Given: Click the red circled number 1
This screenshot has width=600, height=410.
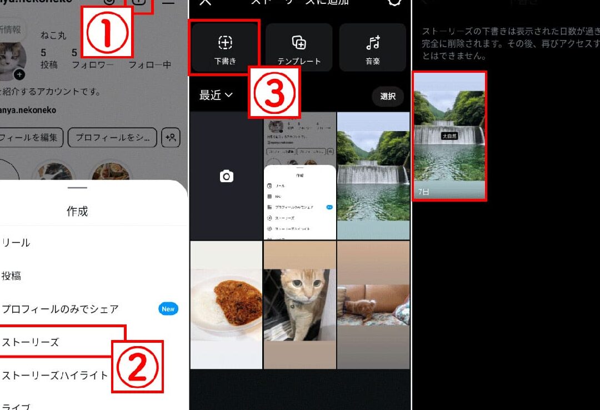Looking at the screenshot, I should tap(107, 33).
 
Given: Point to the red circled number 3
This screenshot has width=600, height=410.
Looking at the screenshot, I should tap(274, 93).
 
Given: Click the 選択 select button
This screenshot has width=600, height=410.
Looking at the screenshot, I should tap(388, 96).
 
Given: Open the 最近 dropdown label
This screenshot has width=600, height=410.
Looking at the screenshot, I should tap(216, 96).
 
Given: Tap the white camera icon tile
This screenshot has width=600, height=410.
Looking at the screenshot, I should tap(226, 177).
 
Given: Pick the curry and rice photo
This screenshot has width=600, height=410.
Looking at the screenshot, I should tap(226, 304).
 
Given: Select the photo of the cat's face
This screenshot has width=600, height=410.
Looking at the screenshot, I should tap(299, 304).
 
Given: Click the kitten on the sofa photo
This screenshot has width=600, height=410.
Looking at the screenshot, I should tap(373, 304).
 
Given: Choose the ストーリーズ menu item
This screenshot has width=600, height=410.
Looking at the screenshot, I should tap(31, 342).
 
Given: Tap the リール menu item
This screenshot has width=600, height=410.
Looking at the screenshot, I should tap(16, 243).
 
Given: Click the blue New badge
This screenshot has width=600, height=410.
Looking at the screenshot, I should tap(168, 309).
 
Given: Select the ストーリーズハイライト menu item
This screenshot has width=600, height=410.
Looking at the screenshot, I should tap(55, 376).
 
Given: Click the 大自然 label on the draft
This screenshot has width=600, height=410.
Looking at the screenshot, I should tap(449, 136).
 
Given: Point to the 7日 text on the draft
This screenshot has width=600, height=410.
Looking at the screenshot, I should tap(424, 192).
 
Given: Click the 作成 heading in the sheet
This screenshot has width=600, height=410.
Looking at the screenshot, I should tap(77, 211).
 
